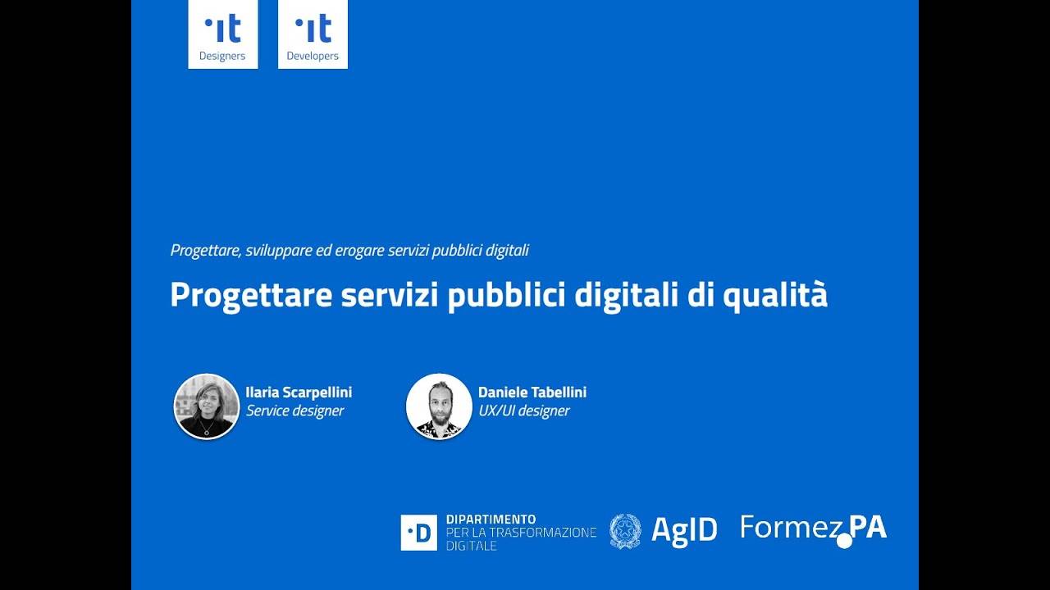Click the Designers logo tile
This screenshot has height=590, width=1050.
click(223, 34)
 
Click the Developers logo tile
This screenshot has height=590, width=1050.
click(313, 34)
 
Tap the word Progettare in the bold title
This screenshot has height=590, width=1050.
click(251, 296)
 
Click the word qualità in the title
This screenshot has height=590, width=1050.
click(775, 296)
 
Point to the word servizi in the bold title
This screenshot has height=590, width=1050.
click(390, 295)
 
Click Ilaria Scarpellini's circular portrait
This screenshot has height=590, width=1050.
click(207, 406)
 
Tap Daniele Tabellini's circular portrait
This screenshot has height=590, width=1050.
click(439, 406)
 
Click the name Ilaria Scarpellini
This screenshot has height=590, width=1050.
click(299, 393)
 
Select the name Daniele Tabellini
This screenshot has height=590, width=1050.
click(532, 392)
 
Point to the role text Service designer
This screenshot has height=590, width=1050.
click(294, 411)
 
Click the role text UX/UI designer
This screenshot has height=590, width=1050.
click(523, 411)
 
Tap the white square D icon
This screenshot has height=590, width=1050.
click(418, 533)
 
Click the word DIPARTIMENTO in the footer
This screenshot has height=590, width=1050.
click(491, 520)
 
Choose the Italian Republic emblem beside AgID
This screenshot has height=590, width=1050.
click(625, 531)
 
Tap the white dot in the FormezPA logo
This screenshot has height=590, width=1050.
click(844, 541)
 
